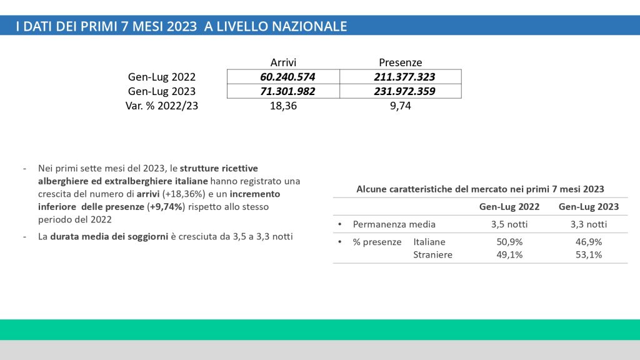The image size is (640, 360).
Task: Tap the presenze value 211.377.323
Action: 400,77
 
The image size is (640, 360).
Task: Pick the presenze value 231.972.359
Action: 400,91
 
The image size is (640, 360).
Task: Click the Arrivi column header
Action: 283,62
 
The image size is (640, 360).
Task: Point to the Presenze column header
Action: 401,62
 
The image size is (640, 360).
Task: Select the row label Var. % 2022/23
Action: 162,106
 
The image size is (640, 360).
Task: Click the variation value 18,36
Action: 283,106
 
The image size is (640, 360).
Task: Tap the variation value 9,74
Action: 400,106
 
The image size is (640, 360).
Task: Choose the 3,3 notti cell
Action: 588,224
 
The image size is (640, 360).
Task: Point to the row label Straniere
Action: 433,254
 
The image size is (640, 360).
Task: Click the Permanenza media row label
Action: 394,224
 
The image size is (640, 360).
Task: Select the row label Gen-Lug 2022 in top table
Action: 161,77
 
